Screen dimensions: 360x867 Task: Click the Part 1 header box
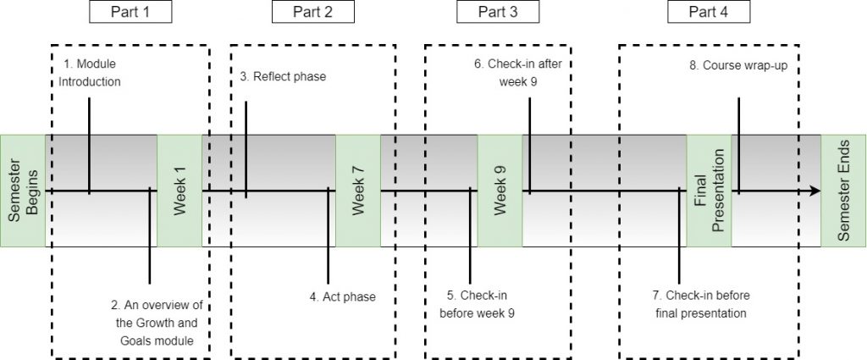click(x=130, y=12)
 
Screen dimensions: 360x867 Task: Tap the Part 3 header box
click(x=500, y=12)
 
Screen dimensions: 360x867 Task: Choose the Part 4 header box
click(x=709, y=12)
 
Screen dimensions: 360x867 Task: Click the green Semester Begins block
click(x=22, y=191)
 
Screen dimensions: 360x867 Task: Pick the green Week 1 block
click(x=179, y=191)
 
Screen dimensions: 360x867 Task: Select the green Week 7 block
click(x=358, y=191)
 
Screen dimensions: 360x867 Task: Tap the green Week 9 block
click(x=500, y=191)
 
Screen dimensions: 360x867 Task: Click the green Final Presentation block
click(x=709, y=191)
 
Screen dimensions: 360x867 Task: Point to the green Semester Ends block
click(x=843, y=191)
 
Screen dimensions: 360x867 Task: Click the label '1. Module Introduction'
click(x=93, y=74)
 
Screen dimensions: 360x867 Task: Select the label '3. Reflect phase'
click(x=283, y=77)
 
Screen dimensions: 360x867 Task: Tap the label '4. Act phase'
click(x=342, y=296)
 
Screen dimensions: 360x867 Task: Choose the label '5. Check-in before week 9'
click(x=478, y=304)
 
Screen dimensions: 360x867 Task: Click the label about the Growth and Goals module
click(x=160, y=323)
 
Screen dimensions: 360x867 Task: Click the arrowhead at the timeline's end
click(x=815, y=191)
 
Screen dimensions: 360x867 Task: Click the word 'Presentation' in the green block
click(x=719, y=191)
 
